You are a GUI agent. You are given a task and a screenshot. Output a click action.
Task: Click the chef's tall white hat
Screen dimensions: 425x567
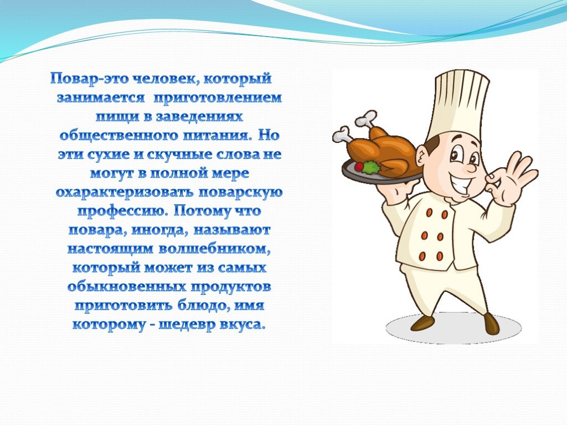460,102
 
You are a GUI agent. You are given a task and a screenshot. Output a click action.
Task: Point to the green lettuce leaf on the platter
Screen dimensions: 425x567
372,167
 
